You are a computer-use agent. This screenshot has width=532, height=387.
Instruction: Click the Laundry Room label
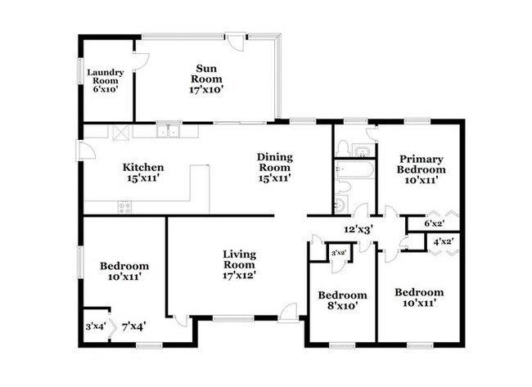click(106, 76)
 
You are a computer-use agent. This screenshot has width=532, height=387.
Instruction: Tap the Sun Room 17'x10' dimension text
click(206, 89)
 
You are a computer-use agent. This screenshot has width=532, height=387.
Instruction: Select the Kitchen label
click(143, 167)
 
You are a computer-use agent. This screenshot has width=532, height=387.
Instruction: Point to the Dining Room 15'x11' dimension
click(274, 178)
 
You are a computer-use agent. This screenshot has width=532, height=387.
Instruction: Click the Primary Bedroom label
click(421, 164)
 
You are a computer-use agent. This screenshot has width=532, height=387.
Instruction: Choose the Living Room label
click(239, 259)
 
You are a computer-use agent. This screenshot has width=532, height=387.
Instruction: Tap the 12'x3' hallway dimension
click(358, 230)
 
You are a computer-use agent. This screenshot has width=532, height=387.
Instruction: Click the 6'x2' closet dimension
click(435, 223)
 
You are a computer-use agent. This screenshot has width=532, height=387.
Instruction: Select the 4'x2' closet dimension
click(444, 242)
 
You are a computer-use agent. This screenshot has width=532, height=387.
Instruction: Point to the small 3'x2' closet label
click(338, 252)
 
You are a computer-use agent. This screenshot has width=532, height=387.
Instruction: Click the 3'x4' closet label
click(96, 326)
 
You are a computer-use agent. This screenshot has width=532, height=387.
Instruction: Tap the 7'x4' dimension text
click(134, 326)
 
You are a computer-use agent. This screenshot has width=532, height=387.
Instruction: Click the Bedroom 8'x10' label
click(342, 300)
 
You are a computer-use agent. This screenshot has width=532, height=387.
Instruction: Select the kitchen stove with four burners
click(124, 207)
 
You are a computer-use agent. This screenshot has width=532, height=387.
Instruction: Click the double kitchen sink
click(169, 131)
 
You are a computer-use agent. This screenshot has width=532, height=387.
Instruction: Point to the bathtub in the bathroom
click(355, 169)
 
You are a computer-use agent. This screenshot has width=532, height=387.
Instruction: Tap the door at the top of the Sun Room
click(236, 42)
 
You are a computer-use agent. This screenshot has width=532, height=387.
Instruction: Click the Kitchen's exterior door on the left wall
click(85, 151)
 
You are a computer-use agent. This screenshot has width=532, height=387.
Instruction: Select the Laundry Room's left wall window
click(81, 71)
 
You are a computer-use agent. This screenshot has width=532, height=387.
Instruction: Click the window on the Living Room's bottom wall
click(233, 318)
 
